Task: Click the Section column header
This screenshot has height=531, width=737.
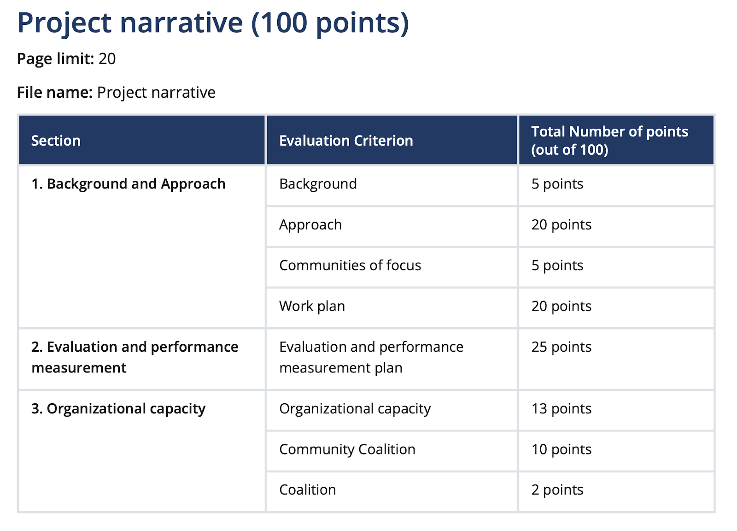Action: pyautogui.click(x=56, y=141)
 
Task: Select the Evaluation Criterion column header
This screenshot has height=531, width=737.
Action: pyautogui.click(x=346, y=141)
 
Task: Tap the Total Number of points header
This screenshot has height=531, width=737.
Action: pyautogui.click(x=609, y=141)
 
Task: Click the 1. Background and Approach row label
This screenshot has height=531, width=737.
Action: pyautogui.click(x=129, y=184)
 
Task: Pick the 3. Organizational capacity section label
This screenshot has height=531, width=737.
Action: pyautogui.click(x=118, y=408)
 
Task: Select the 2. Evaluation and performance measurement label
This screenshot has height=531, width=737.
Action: pyautogui.click(x=135, y=357)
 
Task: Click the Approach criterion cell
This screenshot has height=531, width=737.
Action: pyautogui.click(x=310, y=225)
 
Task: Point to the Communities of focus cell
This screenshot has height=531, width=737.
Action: pyautogui.click(x=350, y=265)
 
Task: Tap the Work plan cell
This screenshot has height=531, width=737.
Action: pyautogui.click(x=312, y=306)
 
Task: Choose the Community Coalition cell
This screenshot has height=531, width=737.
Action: pyautogui.click(x=347, y=449)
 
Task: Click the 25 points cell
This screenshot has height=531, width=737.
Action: pyautogui.click(x=562, y=347)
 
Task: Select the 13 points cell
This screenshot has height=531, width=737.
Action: pyautogui.click(x=562, y=409)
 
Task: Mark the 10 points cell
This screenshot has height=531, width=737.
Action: pyautogui.click(x=562, y=449)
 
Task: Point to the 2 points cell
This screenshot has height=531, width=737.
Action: pyautogui.click(x=557, y=490)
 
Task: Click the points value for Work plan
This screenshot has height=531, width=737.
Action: pyautogui.click(x=562, y=306)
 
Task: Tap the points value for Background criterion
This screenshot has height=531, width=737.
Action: pyautogui.click(x=557, y=184)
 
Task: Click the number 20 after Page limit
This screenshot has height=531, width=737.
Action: pyautogui.click(x=107, y=59)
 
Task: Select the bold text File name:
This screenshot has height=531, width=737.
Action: pyautogui.click(x=55, y=93)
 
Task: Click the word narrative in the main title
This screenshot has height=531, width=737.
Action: pyautogui.click(x=181, y=23)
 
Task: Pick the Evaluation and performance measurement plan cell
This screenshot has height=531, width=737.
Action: pyautogui.click(x=371, y=357)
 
